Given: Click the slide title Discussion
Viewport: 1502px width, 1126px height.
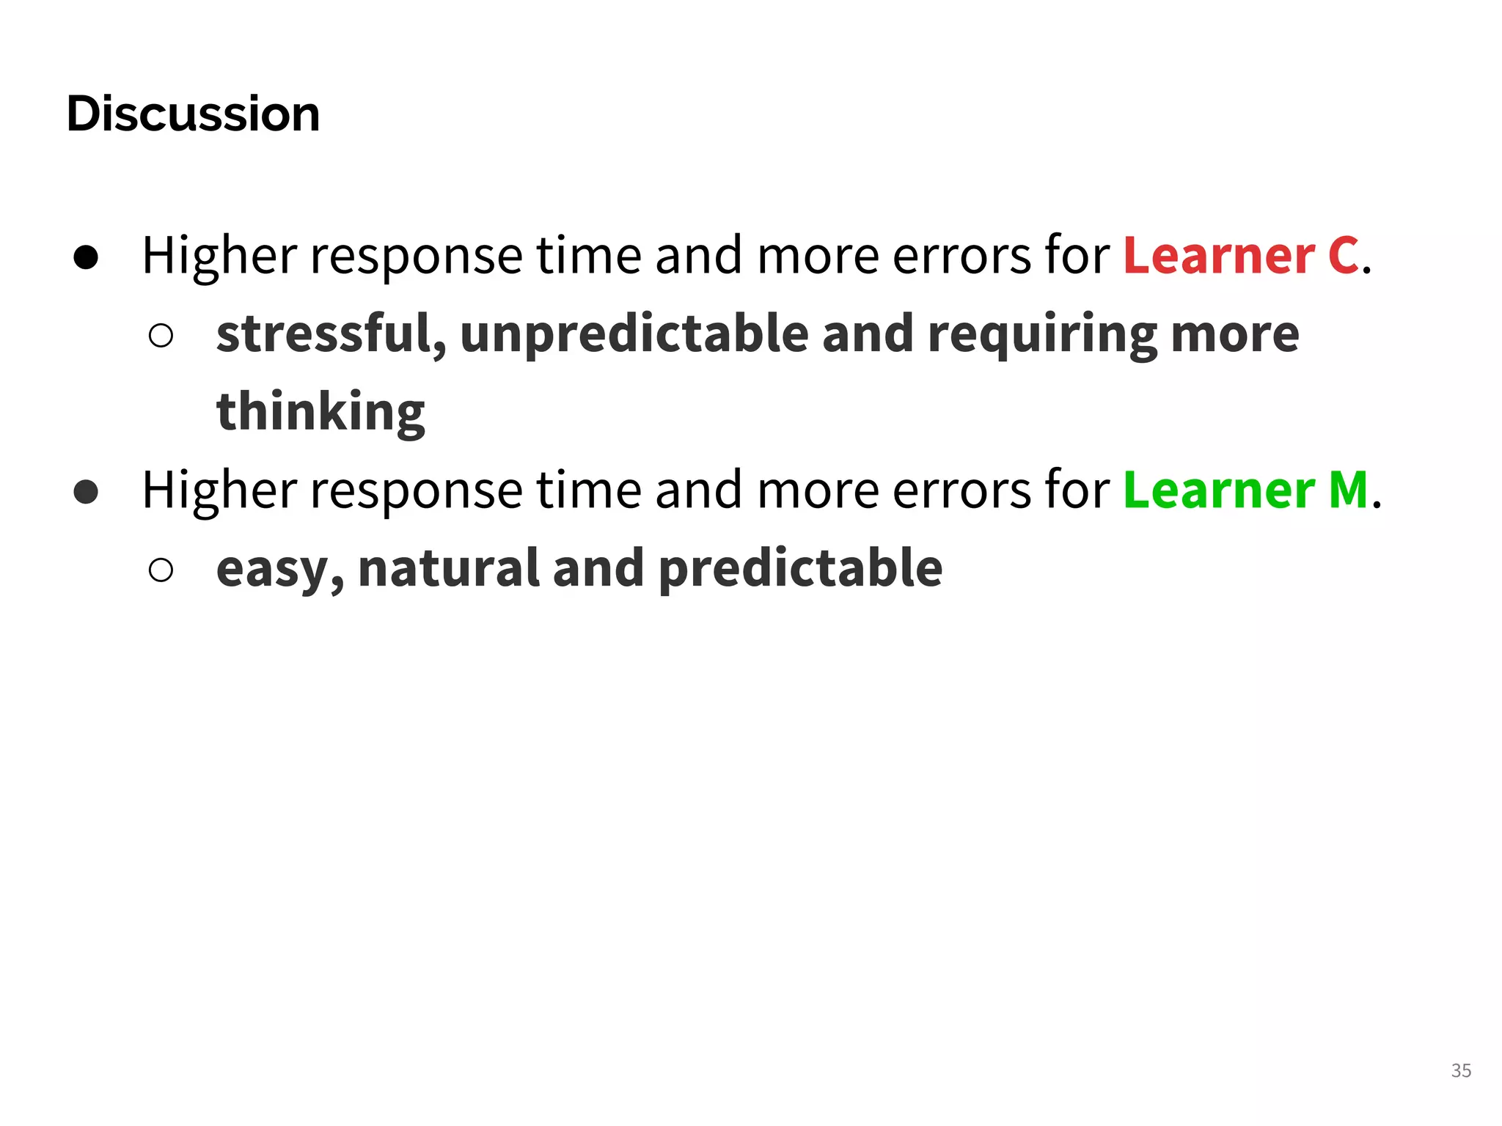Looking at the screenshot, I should (193, 114).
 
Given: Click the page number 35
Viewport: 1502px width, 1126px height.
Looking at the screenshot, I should (1460, 1070).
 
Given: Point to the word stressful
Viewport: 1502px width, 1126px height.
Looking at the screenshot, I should (331, 334).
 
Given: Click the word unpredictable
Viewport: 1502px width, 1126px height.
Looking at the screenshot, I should (635, 334).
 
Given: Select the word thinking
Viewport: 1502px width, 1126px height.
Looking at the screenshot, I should (320, 412).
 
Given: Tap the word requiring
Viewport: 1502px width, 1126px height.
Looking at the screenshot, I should (1042, 335).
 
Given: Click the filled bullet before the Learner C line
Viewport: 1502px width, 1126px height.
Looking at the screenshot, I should (87, 257).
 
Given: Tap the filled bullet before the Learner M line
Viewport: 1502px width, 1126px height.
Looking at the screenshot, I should (87, 492).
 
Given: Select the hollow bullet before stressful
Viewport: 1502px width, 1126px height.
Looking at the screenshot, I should (161, 336).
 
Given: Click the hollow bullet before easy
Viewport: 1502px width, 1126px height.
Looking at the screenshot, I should (161, 570).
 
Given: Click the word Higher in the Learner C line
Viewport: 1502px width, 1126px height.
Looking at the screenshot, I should (219, 256).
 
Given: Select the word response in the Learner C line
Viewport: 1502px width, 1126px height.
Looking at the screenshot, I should (416, 257).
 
